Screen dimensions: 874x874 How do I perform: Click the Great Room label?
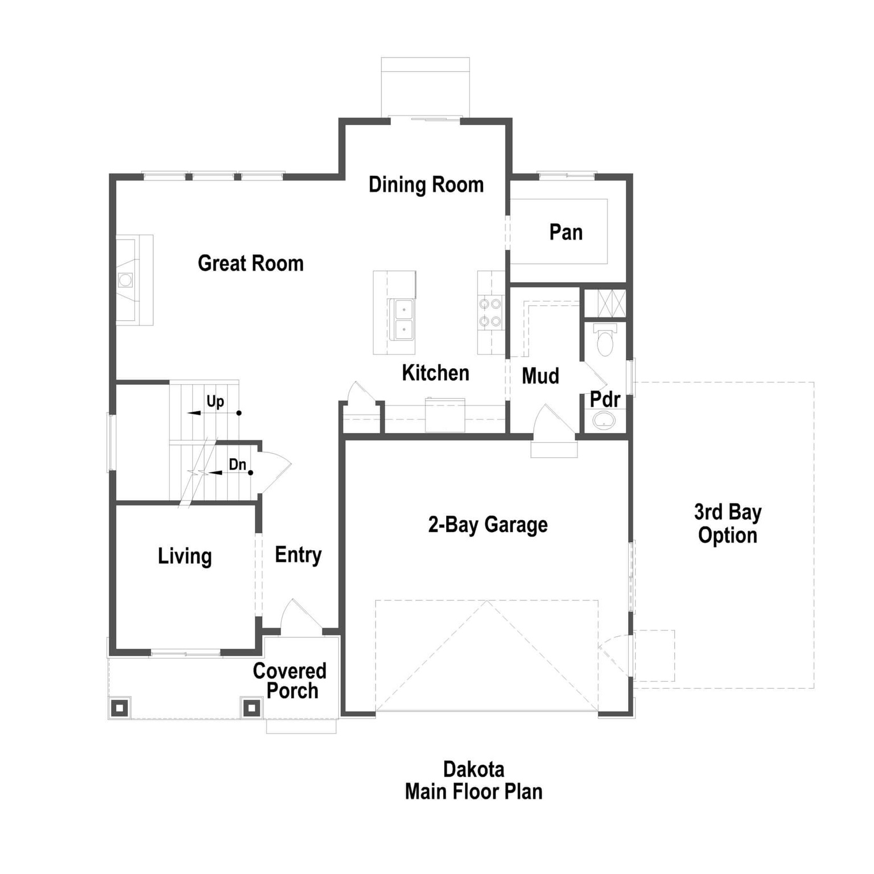pos(250,263)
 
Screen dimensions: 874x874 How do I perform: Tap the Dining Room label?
pos(426,185)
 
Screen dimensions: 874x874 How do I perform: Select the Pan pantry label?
pos(566,232)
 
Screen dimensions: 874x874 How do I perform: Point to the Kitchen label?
pos(435,373)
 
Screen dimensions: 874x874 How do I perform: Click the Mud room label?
pos(540,376)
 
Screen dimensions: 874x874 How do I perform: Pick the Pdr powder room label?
pos(604,399)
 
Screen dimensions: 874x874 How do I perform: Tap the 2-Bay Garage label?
pos(488,525)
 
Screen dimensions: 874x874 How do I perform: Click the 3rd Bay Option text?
pos(727,524)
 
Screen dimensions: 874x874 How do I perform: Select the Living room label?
pos(184,556)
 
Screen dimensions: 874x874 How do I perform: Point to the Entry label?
pos(298,555)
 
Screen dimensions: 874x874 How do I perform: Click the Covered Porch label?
pos(290,681)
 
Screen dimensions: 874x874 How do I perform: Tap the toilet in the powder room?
pos(605,340)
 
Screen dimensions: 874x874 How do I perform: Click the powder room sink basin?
pos(604,421)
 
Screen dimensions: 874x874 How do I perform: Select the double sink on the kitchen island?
pos(403,319)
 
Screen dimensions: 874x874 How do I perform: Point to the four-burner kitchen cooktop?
pos(490,313)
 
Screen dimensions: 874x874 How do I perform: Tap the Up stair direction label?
pos(215,402)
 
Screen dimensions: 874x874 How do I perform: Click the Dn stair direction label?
pos(237,465)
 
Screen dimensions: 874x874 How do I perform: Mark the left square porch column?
pos(119,708)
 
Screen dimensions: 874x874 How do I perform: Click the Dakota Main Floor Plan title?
pos(473,781)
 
